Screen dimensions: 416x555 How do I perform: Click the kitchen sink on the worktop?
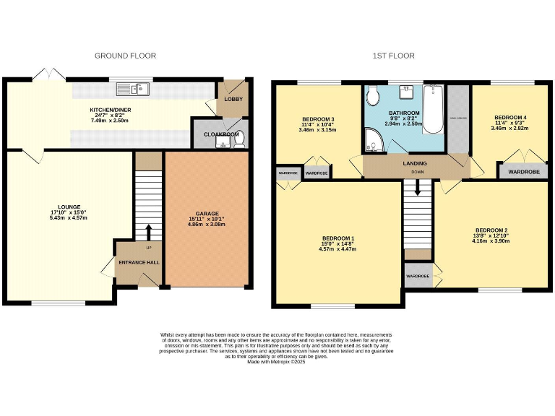[x=142, y=89]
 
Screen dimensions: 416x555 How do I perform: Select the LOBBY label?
[x=233, y=99]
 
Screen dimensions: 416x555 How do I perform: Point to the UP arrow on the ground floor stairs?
[x=150, y=231]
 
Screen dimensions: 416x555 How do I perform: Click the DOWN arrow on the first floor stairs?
[x=417, y=189]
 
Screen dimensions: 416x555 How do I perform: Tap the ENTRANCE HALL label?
[x=138, y=262]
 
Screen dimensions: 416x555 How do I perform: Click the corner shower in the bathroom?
[x=374, y=142]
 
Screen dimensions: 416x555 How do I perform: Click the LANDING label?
[x=415, y=163]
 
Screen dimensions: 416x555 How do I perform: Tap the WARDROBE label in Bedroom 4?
[x=523, y=172]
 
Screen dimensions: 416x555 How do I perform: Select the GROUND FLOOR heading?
[x=125, y=56]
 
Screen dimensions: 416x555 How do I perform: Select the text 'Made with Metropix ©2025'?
[x=275, y=362]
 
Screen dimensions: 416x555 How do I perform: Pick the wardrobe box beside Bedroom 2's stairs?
[x=418, y=277]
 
